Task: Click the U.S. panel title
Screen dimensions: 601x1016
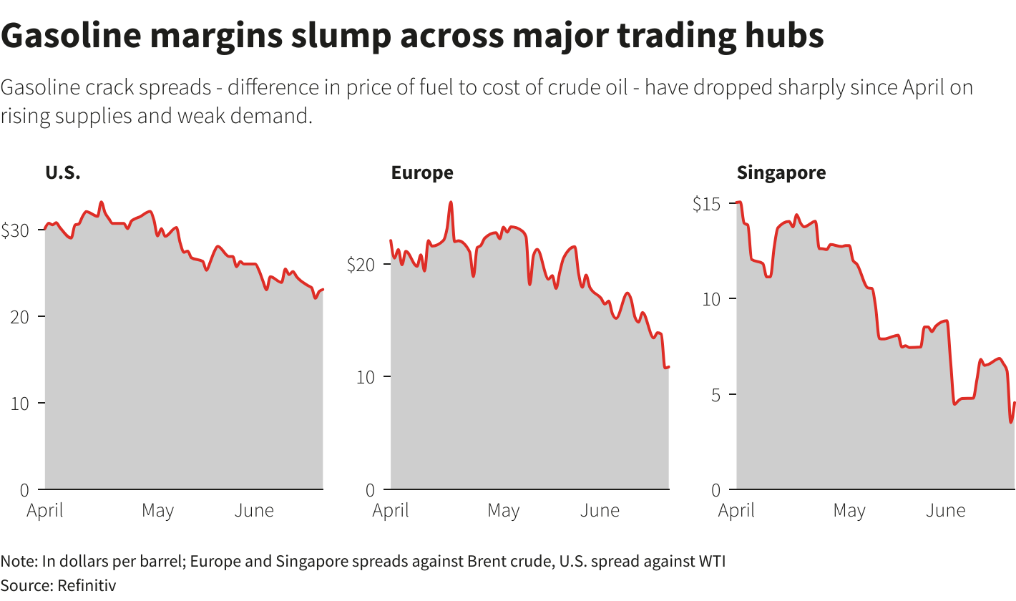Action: point(63,172)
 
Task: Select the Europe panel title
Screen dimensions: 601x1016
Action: point(421,172)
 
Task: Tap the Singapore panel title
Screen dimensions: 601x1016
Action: point(781,172)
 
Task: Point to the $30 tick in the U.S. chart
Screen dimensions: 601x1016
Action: point(16,230)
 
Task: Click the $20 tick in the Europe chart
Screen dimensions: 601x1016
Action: point(361,265)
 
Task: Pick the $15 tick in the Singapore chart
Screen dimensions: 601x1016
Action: point(707,204)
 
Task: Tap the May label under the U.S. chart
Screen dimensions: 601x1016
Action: point(157,511)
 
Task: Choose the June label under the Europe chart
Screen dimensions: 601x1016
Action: point(600,511)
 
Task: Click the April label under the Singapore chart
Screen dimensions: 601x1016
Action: point(736,511)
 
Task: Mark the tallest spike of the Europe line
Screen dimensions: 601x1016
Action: point(451,202)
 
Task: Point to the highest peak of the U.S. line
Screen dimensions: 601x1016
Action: point(101,202)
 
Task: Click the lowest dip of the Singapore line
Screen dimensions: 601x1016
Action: point(1011,422)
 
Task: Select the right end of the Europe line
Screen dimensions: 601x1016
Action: point(668,366)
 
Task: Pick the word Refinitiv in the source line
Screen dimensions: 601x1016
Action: point(87,585)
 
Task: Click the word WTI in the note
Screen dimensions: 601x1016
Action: point(711,561)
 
